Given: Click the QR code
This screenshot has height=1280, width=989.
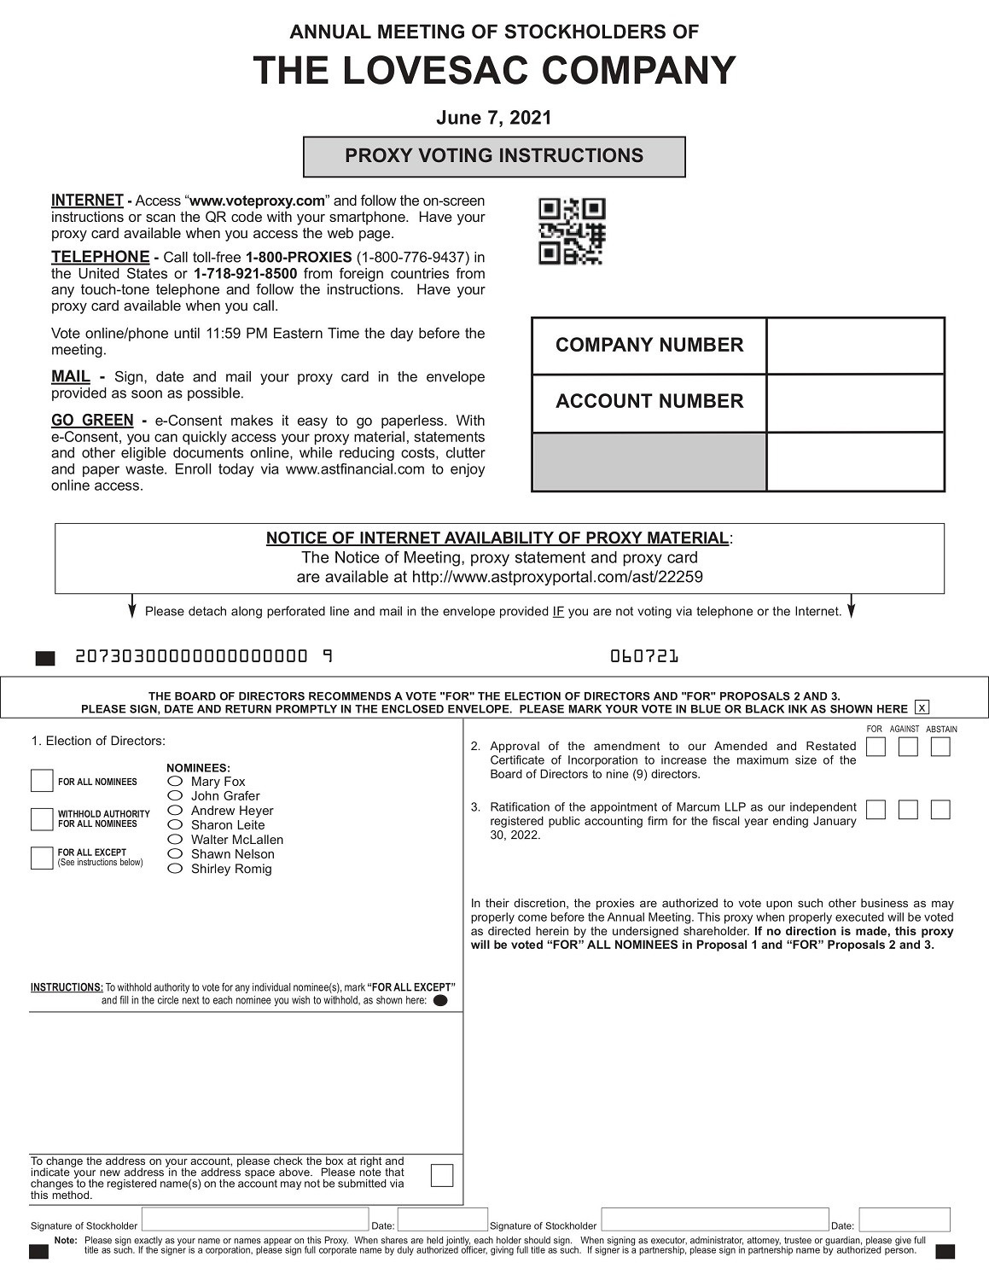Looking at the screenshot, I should [572, 231].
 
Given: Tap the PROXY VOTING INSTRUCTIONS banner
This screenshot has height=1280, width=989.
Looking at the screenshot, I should [494, 156].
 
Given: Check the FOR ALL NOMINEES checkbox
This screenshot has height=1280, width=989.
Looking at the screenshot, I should [42, 781].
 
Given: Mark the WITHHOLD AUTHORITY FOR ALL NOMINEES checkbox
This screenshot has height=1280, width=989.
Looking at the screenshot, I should [42, 819].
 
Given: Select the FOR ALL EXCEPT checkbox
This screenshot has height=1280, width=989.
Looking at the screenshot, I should [42, 858].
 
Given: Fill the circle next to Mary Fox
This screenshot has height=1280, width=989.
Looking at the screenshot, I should [175, 781].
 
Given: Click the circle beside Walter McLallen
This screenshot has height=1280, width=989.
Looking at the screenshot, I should [175, 839].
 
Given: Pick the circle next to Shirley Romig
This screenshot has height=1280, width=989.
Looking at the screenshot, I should [175, 868].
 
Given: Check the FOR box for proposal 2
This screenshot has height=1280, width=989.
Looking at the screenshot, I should [876, 747].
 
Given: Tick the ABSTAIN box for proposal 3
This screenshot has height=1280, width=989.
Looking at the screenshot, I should [940, 809].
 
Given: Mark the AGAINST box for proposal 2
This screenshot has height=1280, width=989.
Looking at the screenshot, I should [908, 747].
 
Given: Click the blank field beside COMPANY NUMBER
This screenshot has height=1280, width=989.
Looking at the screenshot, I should [855, 346].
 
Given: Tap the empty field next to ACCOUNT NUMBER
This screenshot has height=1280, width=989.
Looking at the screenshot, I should [855, 403].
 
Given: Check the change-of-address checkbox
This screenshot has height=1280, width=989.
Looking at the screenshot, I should [442, 1175].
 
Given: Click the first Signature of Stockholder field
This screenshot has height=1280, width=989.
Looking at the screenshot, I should [255, 1219].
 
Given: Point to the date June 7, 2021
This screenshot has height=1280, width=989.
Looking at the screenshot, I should [494, 118].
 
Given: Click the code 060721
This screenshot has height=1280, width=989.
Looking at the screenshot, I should [644, 656].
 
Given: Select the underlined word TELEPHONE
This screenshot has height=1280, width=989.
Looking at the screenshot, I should [100, 257].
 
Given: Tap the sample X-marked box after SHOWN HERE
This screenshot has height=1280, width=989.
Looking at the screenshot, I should [921, 707].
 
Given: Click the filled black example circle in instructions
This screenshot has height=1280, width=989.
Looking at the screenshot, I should [440, 1001].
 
